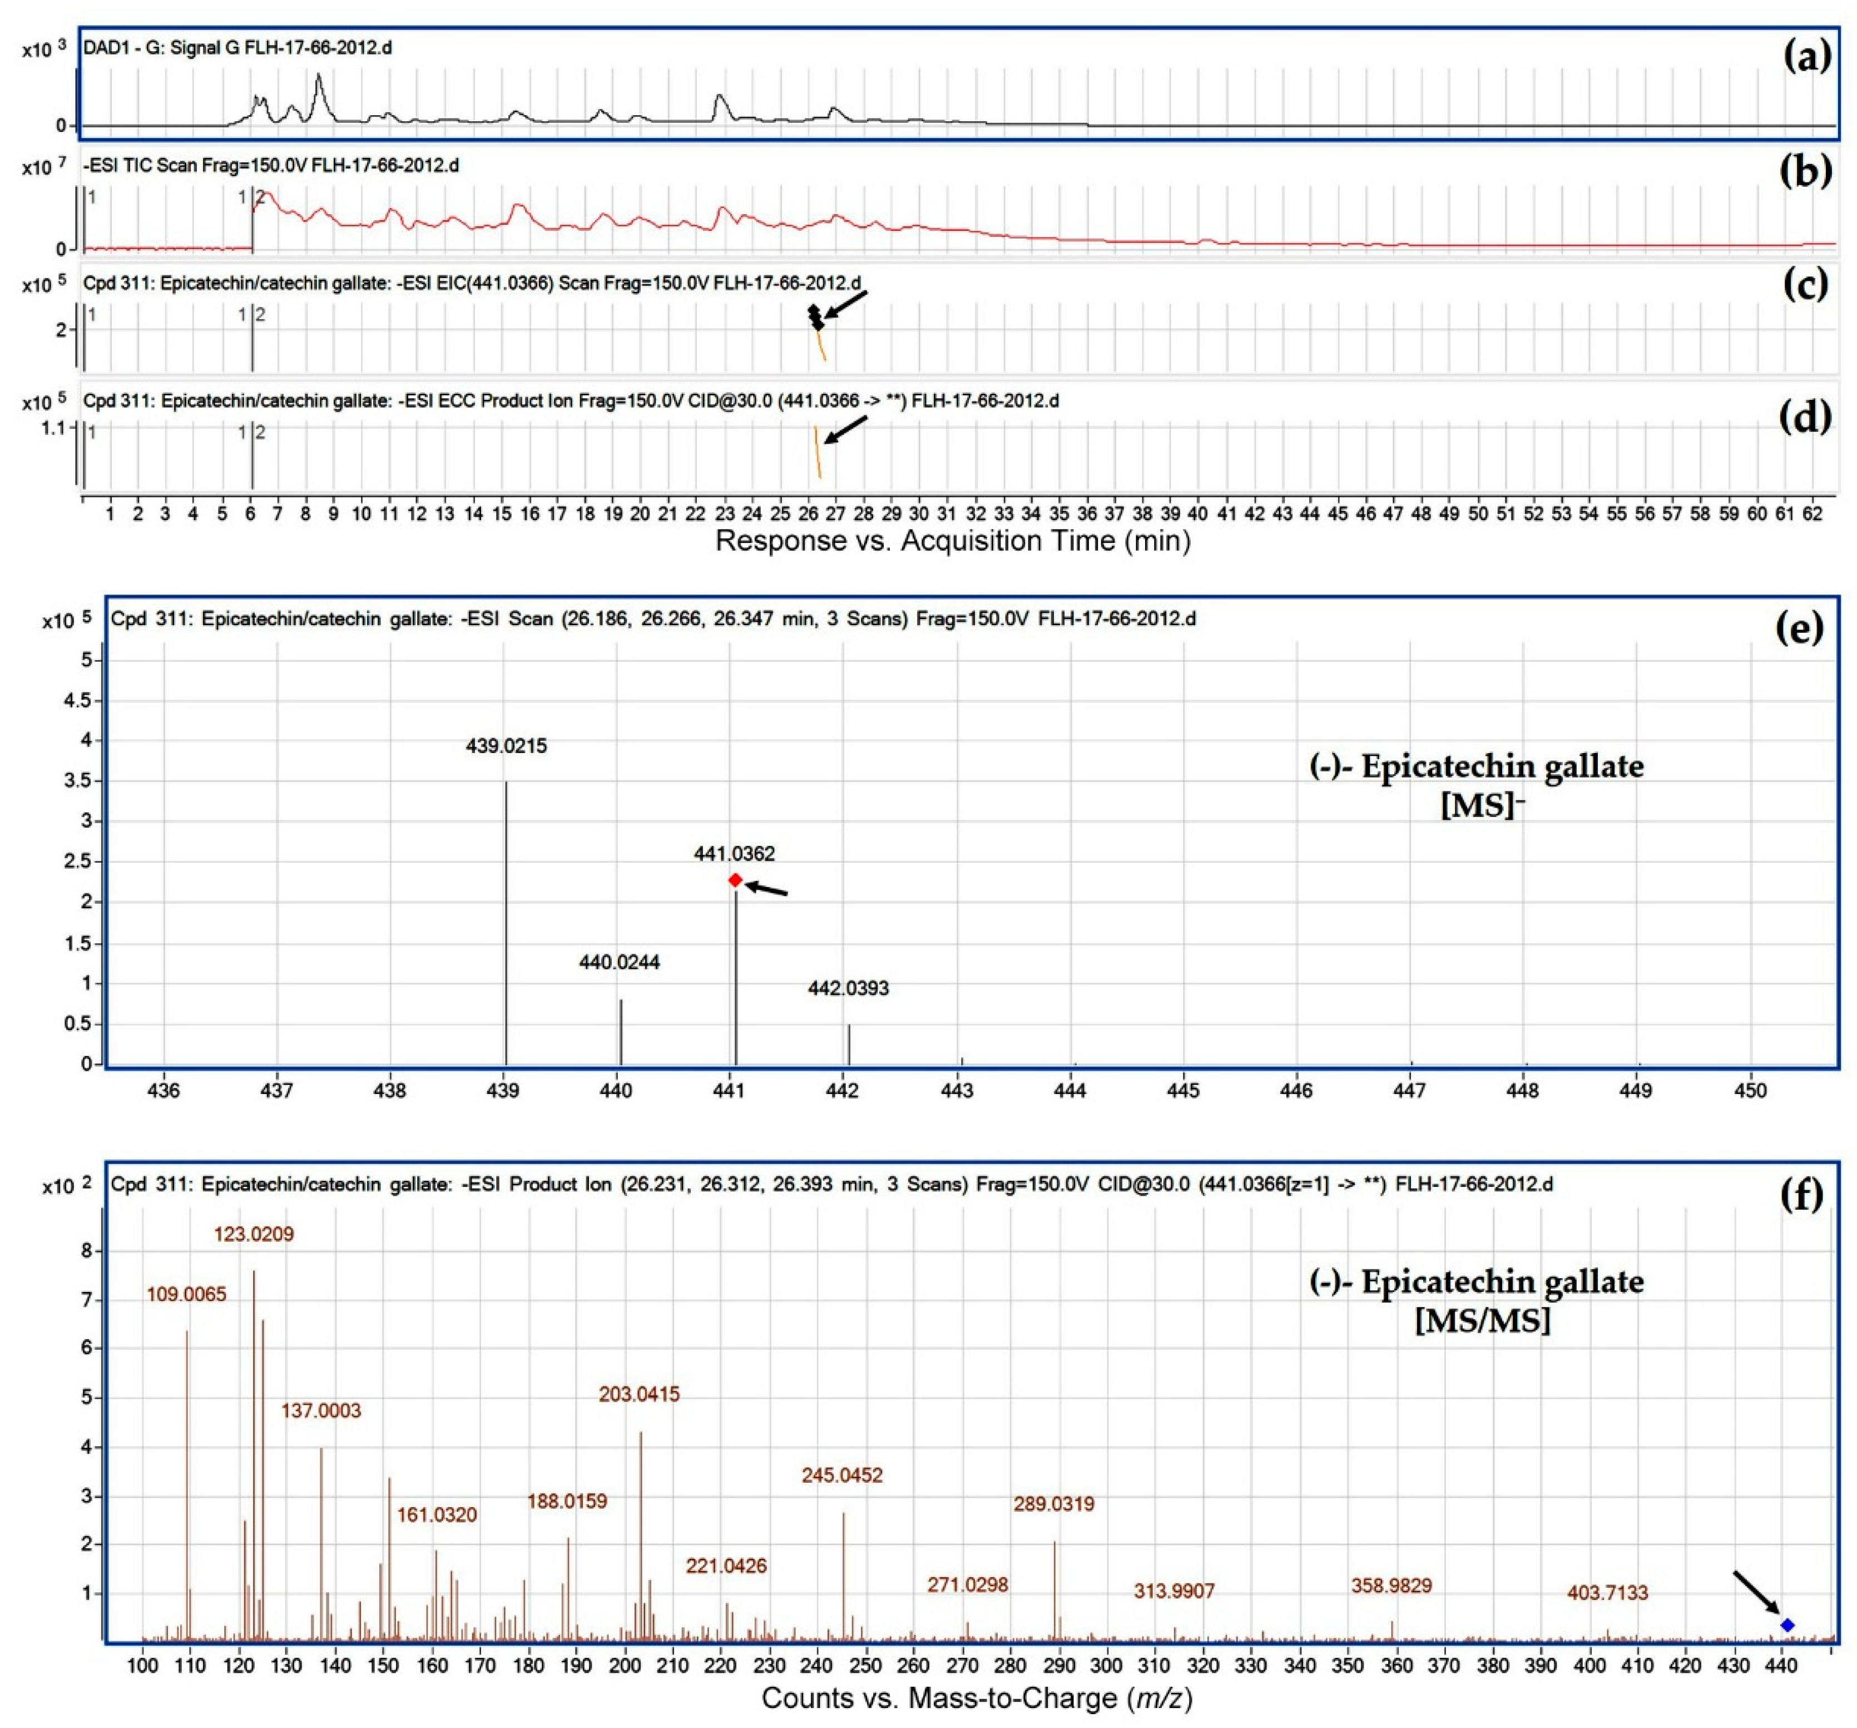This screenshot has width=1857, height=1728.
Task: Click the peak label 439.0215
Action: [x=506, y=745]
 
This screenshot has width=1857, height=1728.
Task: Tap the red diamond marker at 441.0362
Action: [x=735, y=880]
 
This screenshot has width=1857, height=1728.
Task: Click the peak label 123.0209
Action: [x=254, y=1234]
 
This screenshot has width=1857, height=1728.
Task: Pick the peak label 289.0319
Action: [x=1054, y=1504]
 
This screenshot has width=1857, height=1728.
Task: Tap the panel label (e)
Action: [x=1798, y=628]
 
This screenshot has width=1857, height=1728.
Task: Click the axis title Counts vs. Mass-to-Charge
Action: [x=977, y=1697]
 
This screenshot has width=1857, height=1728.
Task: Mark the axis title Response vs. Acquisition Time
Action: [x=953, y=540]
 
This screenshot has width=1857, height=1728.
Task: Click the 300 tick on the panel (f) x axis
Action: [x=1106, y=1665]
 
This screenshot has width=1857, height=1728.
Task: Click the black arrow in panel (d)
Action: [x=845, y=430]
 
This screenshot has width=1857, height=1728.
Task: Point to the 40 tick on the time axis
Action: [x=1197, y=514]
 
